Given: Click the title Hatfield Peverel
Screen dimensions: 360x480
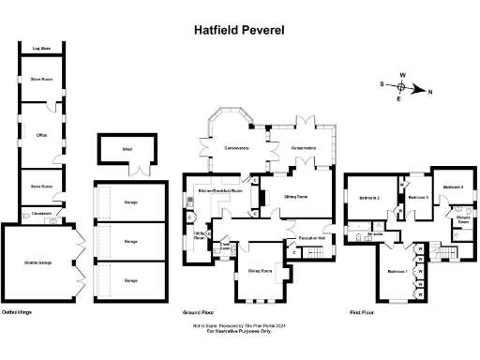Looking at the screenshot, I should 240,29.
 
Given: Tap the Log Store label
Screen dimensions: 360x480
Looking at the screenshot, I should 41,47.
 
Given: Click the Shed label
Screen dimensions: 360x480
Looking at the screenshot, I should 127,149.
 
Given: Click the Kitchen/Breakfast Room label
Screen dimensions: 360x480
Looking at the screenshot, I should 218,190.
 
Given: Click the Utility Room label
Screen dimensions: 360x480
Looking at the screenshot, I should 200,235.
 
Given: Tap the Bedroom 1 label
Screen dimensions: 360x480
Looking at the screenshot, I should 397,272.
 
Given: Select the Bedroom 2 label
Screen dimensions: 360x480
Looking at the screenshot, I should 368,198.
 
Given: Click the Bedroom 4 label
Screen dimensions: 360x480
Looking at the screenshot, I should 453,187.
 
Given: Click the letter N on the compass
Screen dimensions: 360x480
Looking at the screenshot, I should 430,91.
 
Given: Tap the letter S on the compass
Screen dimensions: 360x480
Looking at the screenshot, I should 382,84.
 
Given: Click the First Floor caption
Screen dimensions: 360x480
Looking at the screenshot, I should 360,309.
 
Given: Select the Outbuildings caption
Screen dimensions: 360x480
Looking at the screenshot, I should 19,309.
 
